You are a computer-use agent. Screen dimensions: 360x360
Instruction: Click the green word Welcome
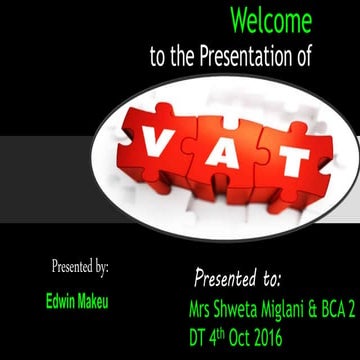click(270, 20)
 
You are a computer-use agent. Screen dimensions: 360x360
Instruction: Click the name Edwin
click(61, 299)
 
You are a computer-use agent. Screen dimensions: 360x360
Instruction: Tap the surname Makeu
click(96, 299)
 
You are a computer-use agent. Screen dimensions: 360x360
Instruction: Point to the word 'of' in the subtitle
click(303, 58)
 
